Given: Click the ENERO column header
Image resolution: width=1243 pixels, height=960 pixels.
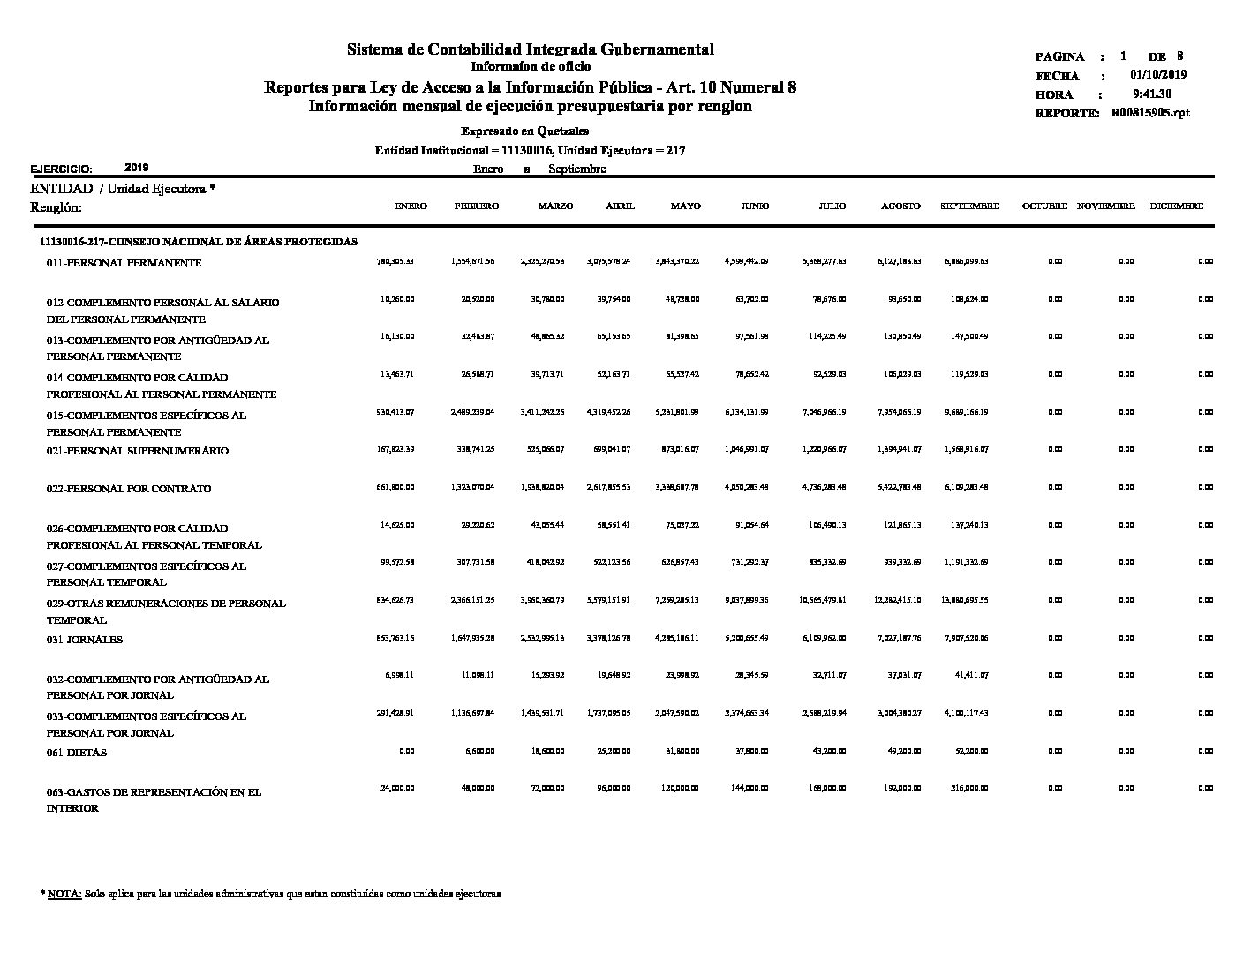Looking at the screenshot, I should (411, 206).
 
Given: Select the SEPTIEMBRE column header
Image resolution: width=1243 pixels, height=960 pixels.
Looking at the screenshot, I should (969, 206).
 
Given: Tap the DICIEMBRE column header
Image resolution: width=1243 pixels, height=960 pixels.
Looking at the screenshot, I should (1176, 206).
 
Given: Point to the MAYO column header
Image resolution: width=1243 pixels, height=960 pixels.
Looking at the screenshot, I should (685, 206).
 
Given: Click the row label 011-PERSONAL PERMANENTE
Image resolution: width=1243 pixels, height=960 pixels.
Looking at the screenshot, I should (124, 263).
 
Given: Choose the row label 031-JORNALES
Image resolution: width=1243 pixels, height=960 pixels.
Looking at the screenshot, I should (85, 640).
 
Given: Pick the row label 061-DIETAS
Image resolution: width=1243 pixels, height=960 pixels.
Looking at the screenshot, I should (77, 753).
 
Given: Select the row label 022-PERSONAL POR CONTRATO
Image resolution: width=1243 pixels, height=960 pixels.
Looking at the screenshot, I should (129, 489).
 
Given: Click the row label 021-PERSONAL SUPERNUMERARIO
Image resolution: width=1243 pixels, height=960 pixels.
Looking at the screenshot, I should (137, 451).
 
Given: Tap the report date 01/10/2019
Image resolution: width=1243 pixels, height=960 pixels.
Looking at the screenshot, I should (1158, 75).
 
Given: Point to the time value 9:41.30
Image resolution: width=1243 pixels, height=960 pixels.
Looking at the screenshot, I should (1152, 94).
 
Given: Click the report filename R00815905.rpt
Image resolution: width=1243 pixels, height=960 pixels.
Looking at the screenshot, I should (1150, 113).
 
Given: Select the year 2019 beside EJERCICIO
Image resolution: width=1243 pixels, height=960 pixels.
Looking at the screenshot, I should (137, 167).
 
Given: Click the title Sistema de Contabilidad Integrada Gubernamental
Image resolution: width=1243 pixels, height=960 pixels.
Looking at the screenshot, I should (530, 49).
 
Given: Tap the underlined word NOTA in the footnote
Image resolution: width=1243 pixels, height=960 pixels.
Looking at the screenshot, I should (64, 894).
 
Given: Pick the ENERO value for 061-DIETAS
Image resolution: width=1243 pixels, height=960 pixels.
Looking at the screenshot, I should (406, 752).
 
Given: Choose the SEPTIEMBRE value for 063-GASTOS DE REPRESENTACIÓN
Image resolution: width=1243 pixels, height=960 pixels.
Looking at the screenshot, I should (970, 789).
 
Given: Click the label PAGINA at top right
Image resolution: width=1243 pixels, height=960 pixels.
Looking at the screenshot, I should (1059, 56).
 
